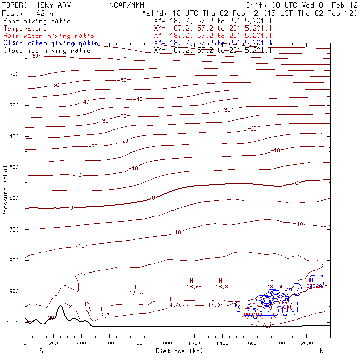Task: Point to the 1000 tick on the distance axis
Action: coord(166,343)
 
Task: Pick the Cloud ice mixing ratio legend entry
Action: coord(47,51)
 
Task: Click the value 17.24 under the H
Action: coord(137,293)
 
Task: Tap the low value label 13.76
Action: coord(105,316)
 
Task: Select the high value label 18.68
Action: coord(194,287)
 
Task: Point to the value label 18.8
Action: coord(222,287)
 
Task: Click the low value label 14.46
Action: coord(174,305)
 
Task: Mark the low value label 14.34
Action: coord(215,305)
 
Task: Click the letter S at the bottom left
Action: coord(41,350)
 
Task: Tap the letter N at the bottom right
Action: coord(321,350)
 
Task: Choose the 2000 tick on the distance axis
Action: coord(307,343)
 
